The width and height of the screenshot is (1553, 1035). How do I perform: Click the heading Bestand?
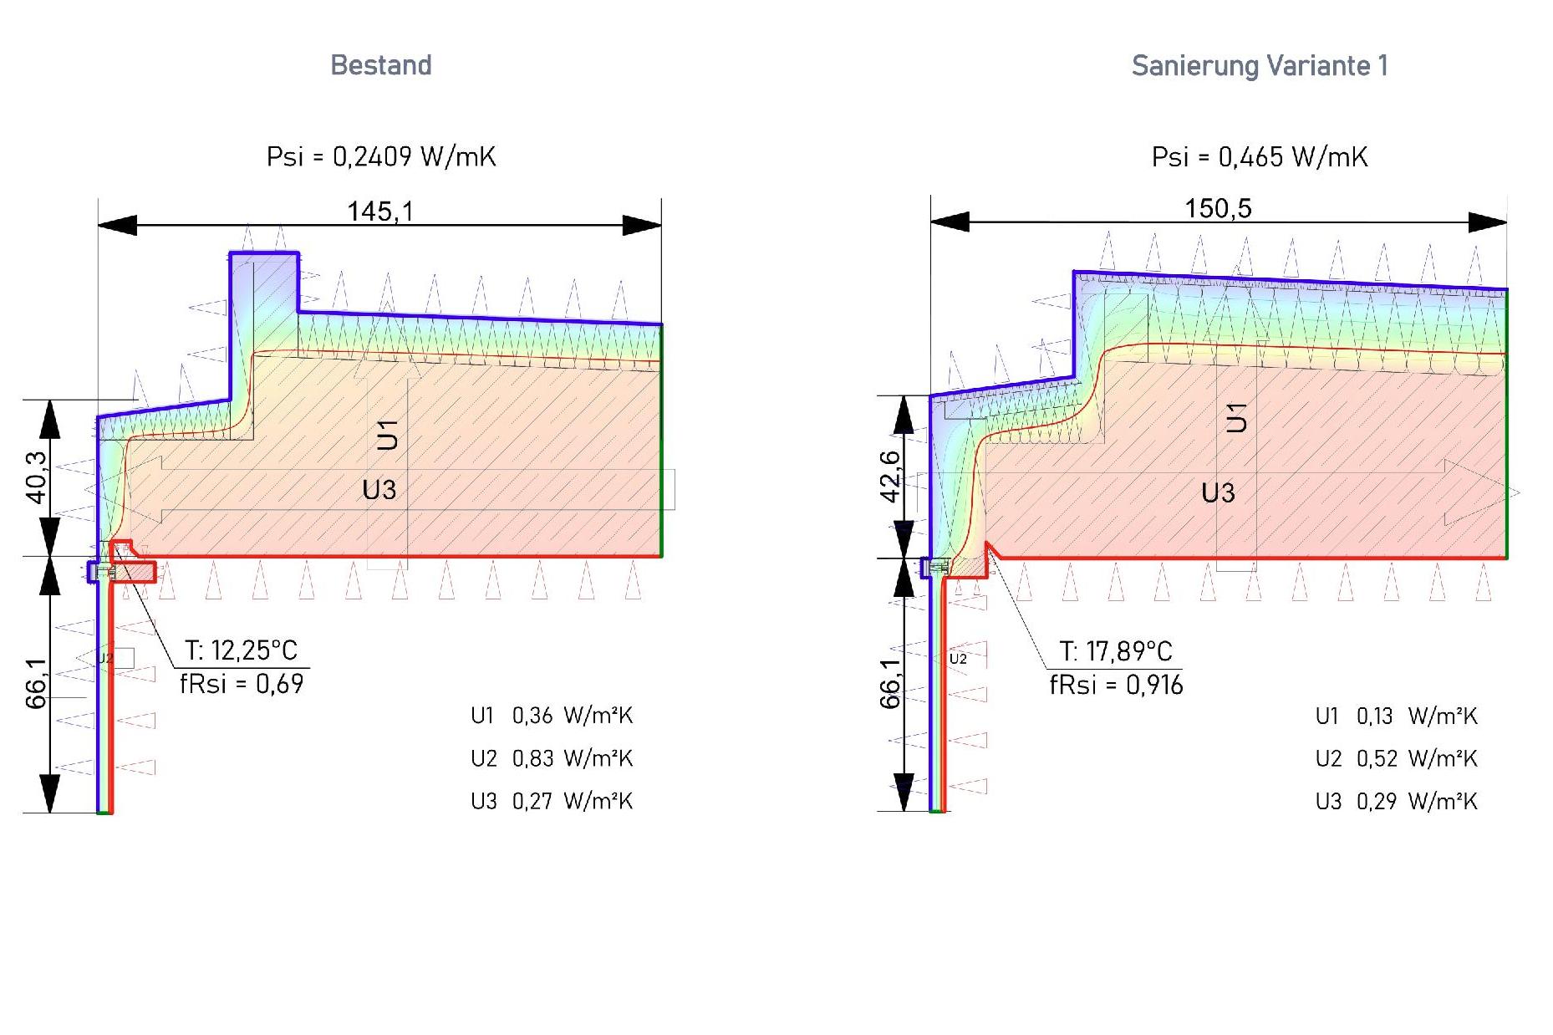pos(381,65)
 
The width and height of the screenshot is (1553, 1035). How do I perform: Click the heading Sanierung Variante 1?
pos(1260,66)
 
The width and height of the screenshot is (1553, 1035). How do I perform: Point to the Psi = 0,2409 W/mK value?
pos(381,156)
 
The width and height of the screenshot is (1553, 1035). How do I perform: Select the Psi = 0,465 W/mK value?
pos(1260,156)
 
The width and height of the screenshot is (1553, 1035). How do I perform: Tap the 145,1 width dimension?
pos(380,212)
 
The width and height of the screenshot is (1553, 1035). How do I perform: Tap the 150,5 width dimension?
pos(1218,208)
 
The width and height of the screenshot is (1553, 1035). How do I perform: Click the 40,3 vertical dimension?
pos(37,477)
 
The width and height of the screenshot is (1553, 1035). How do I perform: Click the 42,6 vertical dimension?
pos(891,477)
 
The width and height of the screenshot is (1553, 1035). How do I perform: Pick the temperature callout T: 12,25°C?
pos(241,650)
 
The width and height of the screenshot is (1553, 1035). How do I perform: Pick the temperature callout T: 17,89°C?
pos(1116,651)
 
